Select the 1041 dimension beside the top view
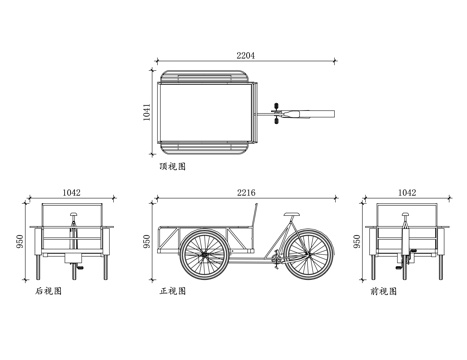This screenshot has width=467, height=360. tap(145, 113)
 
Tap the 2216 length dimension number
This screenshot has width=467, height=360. tap(245, 190)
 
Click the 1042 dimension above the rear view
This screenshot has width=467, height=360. tap(73, 190)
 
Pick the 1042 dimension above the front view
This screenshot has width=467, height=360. tap(406, 190)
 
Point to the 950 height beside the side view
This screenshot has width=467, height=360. tap(147, 242)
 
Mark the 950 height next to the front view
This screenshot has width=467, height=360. tap(358, 242)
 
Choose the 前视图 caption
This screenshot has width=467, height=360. tap(383, 293)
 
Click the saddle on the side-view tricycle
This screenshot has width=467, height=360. tap(291, 213)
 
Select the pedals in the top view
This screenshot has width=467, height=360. tap(276, 113)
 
